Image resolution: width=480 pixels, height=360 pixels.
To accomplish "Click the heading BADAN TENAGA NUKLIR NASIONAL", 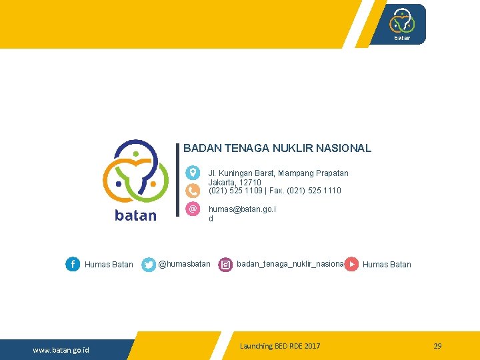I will pyautogui.click(x=277, y=149).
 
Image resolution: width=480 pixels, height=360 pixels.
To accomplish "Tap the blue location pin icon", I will pyautogui.click(x=193, y=173).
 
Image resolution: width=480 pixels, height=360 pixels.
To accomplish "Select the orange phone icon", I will pyautogui.click(x=193, y=191).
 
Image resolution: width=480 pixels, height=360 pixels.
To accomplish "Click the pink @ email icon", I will pyautogui.click(x=193, y=209).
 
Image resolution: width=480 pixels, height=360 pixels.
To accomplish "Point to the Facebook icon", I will pyautogui.click(x=73, y=265).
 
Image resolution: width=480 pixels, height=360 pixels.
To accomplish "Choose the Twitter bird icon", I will pyautogui.click(x=149, y=265).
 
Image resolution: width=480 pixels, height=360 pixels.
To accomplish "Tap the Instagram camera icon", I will pyautogui.click(x=226, y=265).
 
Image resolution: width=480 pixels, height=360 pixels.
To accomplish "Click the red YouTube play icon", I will pyautogui.click(x=352, y=265).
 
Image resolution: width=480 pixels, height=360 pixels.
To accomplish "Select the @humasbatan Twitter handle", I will pyautogui.click(x=184, y=264).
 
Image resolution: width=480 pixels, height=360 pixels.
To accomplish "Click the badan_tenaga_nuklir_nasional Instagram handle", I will pyautogui.click(x=290, y=264).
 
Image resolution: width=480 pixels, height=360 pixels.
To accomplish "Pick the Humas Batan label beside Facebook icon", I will pyautogui.click(x=109, y=265).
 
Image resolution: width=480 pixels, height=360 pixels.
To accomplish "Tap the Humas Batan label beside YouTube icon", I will pyautogui.click(x=387, y=265).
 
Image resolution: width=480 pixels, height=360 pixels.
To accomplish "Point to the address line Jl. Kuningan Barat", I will pyautogui.click(x=278, y=173).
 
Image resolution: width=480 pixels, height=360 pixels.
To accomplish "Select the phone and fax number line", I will pyautogui.click(x=275, y=191).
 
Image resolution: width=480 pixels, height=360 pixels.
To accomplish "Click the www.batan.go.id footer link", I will pyautogui.click(x=61, y=350).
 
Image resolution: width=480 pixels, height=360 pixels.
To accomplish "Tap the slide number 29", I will pyautogui.click(x=437, y=346).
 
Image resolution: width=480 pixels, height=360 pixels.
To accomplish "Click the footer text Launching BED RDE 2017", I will pyautogui.click(x=280, y=346).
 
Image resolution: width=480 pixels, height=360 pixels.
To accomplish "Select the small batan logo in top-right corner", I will pyautogui.click(x=402, y=24).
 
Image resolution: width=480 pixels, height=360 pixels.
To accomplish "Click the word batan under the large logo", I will pyautogui.click(x=136, y=215).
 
